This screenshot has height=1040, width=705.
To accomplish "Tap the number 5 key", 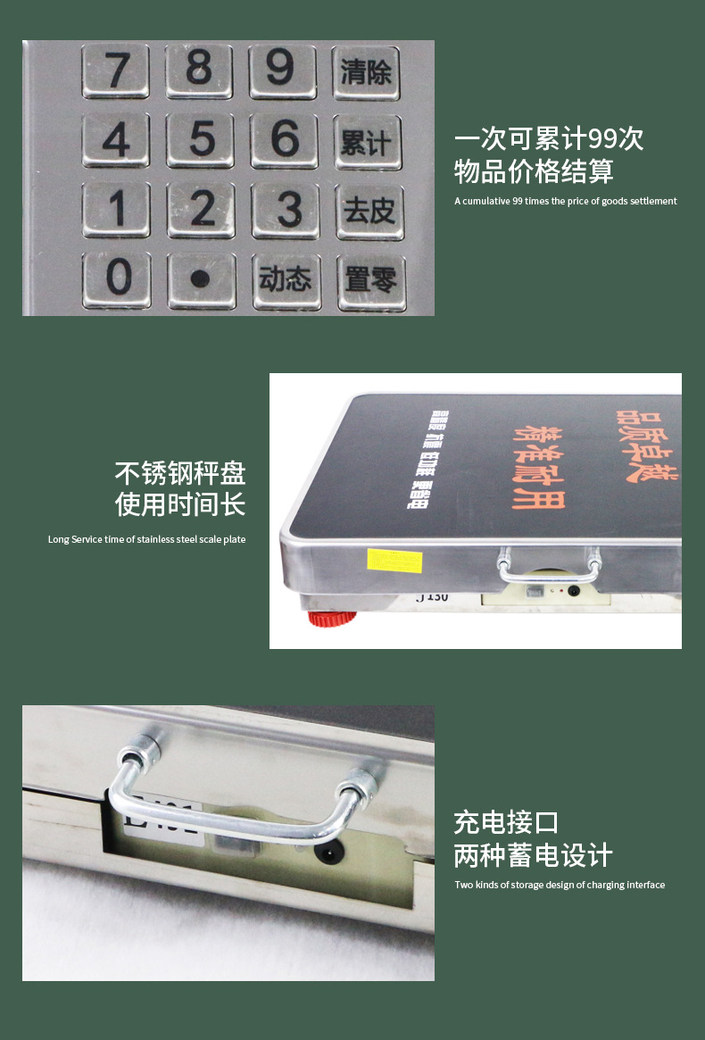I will point(201,140).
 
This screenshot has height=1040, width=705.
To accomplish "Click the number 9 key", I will point(282,70).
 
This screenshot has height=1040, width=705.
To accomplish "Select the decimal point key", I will point(202,279).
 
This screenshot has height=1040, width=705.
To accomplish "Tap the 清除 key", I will point(366,71).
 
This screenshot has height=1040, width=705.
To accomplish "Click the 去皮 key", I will point(369,212).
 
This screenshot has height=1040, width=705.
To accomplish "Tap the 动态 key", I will point(286,280).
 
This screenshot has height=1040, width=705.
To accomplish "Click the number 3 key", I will point(286,211).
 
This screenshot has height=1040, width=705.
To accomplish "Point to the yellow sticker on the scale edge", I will point(394,561).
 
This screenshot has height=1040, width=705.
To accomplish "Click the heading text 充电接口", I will point(506,821).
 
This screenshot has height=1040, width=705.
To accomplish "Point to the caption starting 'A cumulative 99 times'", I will point(565,201).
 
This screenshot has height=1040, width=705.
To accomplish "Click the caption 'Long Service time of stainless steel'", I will point(146,539).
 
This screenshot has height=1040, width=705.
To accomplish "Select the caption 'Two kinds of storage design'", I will point(560,885).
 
